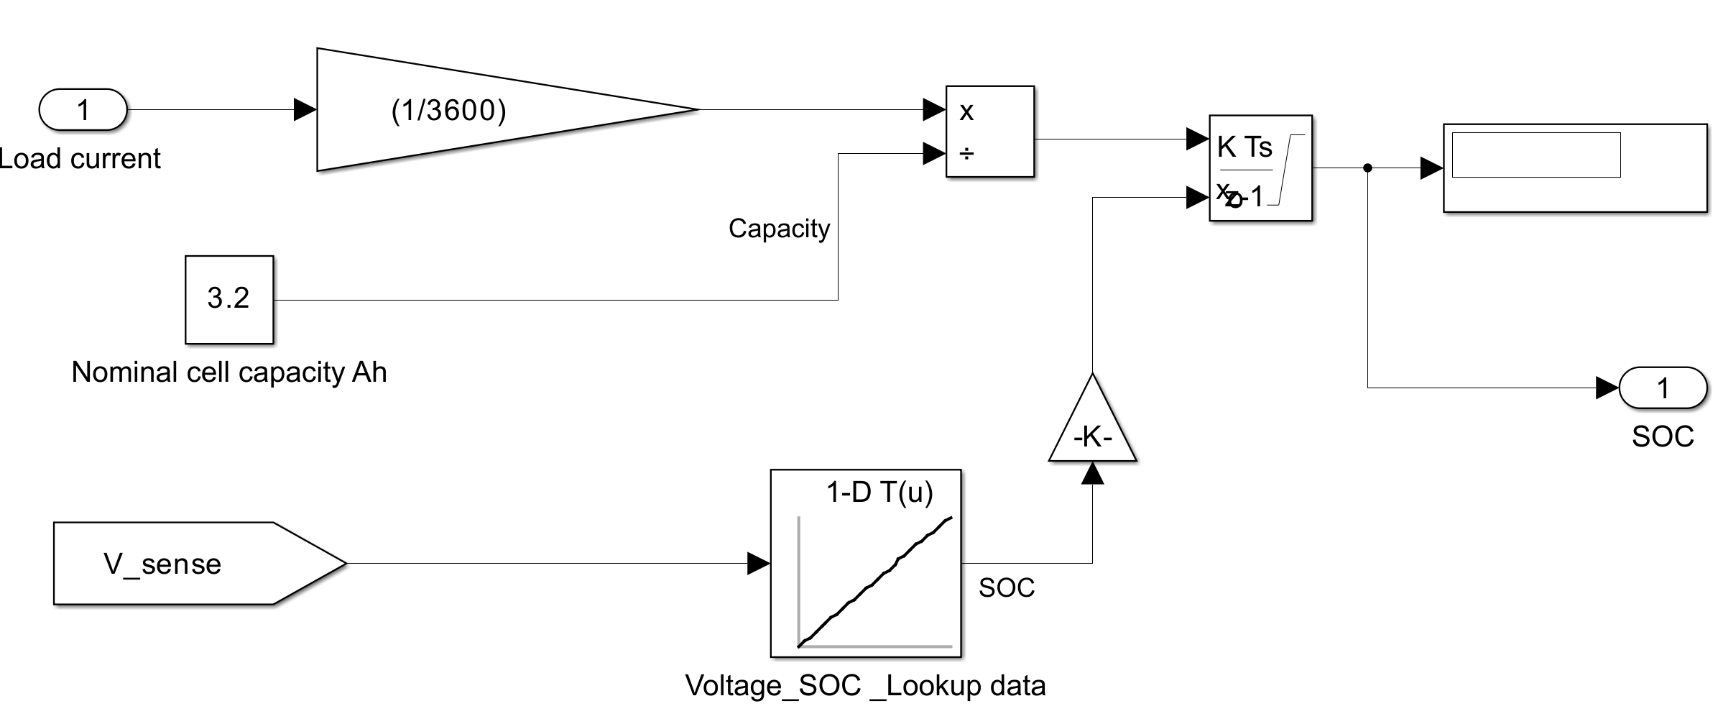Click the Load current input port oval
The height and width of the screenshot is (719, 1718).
83,110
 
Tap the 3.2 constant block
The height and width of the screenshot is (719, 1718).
229,299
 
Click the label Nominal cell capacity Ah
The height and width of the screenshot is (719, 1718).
229,372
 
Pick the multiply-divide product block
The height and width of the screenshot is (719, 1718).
990,132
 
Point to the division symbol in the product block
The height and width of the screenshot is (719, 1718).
967,153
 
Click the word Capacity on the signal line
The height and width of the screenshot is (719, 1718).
779,229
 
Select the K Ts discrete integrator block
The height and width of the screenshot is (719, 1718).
1260,168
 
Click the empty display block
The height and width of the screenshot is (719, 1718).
1575,168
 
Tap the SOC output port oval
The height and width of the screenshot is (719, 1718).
1663,388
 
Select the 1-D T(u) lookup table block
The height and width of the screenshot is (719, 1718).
866,564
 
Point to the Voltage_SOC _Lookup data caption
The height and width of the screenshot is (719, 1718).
865,686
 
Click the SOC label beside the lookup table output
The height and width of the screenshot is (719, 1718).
1007,588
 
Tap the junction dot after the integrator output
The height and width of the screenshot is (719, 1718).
1367,168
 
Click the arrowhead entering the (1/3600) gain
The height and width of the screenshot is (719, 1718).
305,110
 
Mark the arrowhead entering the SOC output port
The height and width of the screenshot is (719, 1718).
1607,388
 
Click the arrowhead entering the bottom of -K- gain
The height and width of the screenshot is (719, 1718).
1092,473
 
